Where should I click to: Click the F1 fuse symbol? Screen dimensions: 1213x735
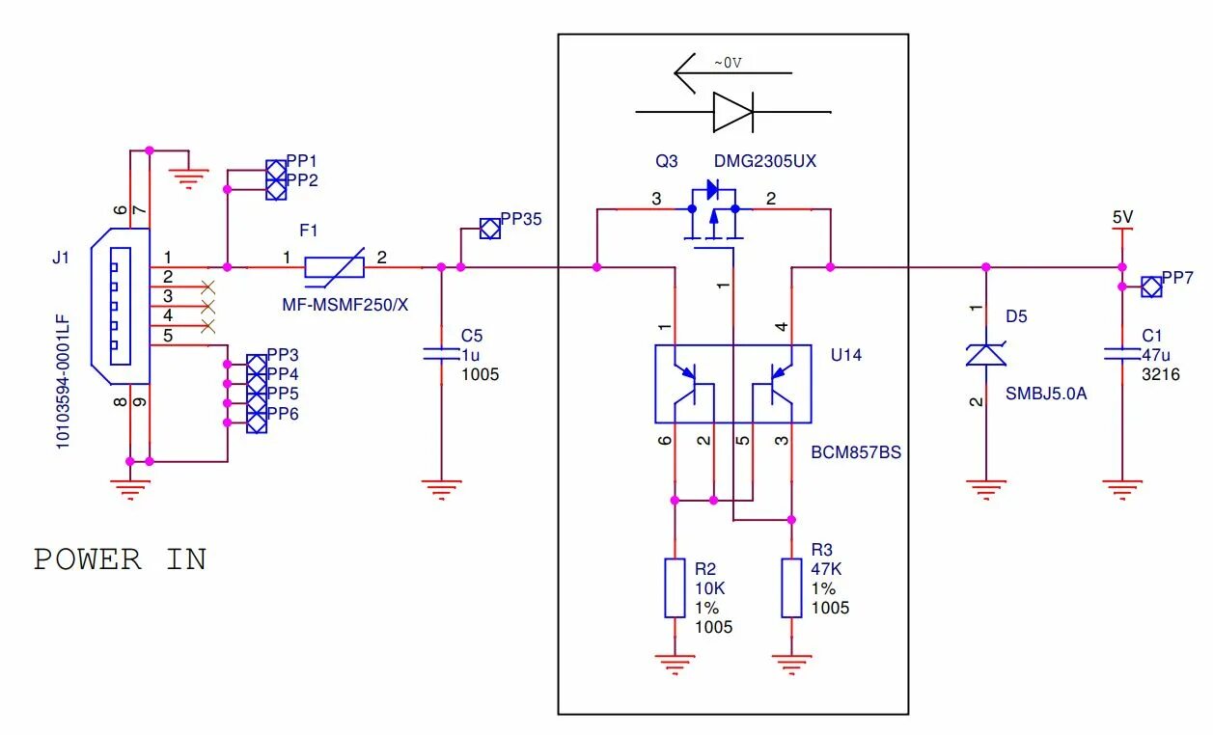(334, 267)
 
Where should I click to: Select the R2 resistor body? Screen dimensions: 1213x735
(675, 588)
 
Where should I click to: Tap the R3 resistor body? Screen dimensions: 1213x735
(791, 588)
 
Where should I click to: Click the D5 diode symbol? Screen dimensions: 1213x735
(986, 355)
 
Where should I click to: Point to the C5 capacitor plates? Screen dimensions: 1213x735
(441, 354)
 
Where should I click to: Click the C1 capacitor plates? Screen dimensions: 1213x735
(1122, 354)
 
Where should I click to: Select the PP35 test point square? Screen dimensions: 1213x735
(490, 229)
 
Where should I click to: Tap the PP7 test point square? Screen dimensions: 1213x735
(1151, 286)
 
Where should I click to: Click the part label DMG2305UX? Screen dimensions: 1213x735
(764, 161)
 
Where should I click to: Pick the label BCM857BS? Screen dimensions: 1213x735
(856, 452)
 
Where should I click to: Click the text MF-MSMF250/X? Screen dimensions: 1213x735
(345, 305)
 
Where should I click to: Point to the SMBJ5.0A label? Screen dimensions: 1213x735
(1046, 394)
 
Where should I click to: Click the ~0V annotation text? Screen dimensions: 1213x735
(728, 63)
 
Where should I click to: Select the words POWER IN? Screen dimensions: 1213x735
(121, 559)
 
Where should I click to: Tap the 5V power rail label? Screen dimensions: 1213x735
(1122, 217)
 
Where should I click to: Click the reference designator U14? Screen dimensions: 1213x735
(846, 355)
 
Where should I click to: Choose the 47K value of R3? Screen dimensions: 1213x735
(826, 569)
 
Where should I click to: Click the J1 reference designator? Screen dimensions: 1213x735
(61, 258)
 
